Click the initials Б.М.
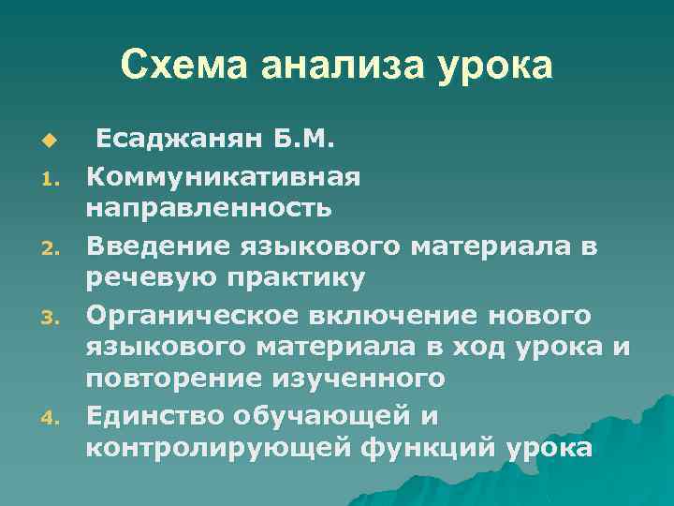click(x=300, y=141)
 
